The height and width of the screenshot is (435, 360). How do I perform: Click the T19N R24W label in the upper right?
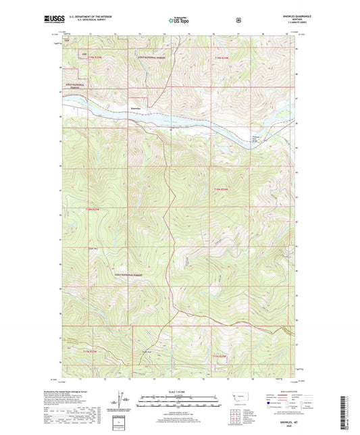[x=222, y=58]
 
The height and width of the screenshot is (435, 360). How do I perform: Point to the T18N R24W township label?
[x=222, y=188]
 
